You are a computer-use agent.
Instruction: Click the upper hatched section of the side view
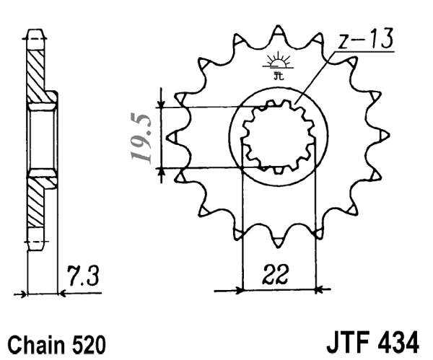pyautogui.click(x=36, y=72)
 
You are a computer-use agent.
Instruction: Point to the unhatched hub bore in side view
pyautogui.click(x=42, y=137)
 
